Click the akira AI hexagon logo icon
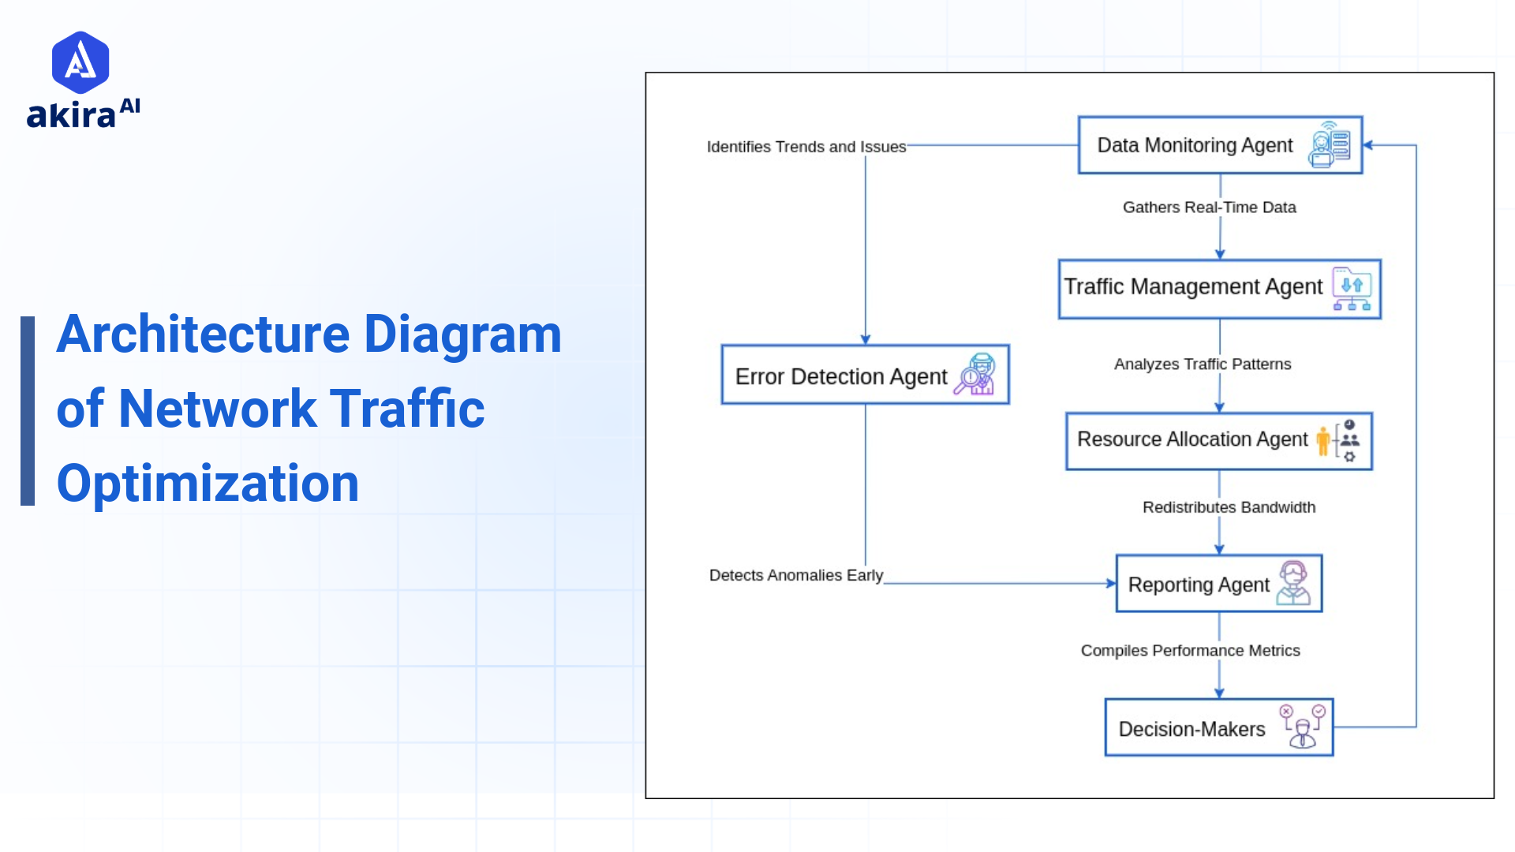point(80,62)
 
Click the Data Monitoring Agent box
point(1219,145)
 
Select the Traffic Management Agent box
point(1219,289)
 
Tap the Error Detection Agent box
point(865,375)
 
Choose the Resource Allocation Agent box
point(1218,441)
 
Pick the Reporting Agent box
point(1218,584)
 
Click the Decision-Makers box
point(1218,727)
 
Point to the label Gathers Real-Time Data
point(1209,207)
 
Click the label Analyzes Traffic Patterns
point(1203,364)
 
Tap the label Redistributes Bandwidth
point(1229,507)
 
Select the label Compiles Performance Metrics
point(1190,651)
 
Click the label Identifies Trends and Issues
point(806,147)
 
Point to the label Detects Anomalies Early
point(795,575)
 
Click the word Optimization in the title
point(208,483)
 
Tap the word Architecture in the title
point(203,334)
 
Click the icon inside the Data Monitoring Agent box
point(1330,145)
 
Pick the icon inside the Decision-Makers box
point(1302,727)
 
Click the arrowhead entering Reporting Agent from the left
point(1111,584)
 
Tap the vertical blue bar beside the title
point(28,410)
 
